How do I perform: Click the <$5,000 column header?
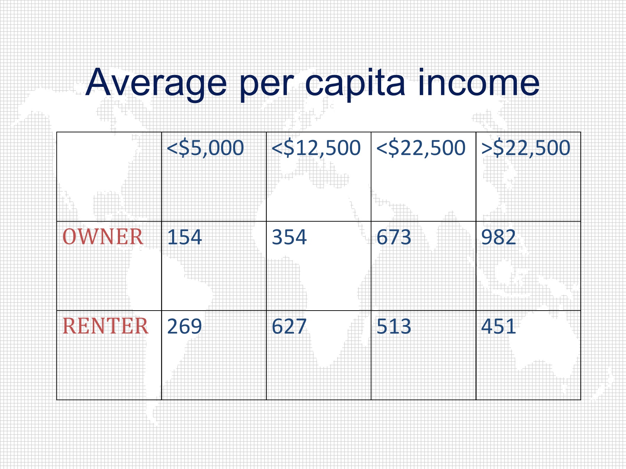(x=206, y=148)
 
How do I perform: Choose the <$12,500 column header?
(x=316, y=148)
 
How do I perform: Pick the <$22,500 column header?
(x=421, y=148)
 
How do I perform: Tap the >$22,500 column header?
(x=526, y=148)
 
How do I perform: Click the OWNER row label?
(x=103, y=237)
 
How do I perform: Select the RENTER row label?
(x=105, y=326)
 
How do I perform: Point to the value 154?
(x=184, y=237)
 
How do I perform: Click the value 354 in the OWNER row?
(x=289, y=237)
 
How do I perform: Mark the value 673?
(x=394, y=237)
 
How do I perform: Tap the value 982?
(x=499, y=237)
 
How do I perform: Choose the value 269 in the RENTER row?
(x=184, y=327)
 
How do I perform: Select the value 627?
(x=289, y=327)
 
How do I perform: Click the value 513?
(x=394, y=327)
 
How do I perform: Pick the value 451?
(x=499, y=327)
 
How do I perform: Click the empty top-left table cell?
(x=109, y=176)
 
